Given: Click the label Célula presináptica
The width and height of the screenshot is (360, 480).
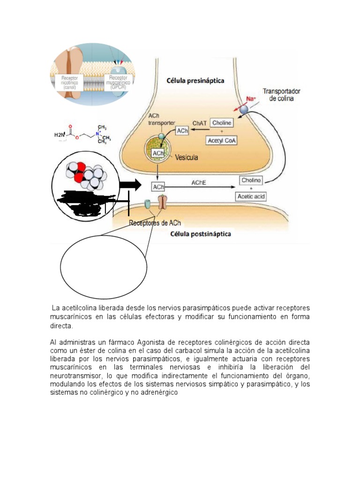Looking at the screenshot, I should (x=195, y=80).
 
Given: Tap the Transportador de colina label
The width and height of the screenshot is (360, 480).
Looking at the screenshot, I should (x=281, y=95).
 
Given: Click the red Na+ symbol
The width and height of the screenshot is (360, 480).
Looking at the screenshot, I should (x=252, y=98).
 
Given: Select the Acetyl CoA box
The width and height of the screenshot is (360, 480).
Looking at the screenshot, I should (x=222, y=140).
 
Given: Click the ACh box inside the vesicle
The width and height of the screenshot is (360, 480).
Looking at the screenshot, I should (x=158, y=153).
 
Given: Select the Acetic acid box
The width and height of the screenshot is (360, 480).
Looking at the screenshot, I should (x=251, y=196).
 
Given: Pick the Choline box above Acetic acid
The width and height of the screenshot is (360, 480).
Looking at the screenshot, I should (x=251, y=180).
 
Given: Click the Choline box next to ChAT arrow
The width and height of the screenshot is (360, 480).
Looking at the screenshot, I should (x=222, y=123).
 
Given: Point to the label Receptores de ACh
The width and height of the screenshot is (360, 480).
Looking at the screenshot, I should (x=155, y=223).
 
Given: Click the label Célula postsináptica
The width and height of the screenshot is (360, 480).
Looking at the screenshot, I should (x=201, y=233).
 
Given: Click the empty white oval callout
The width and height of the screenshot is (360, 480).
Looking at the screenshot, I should (x=103, y=267).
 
